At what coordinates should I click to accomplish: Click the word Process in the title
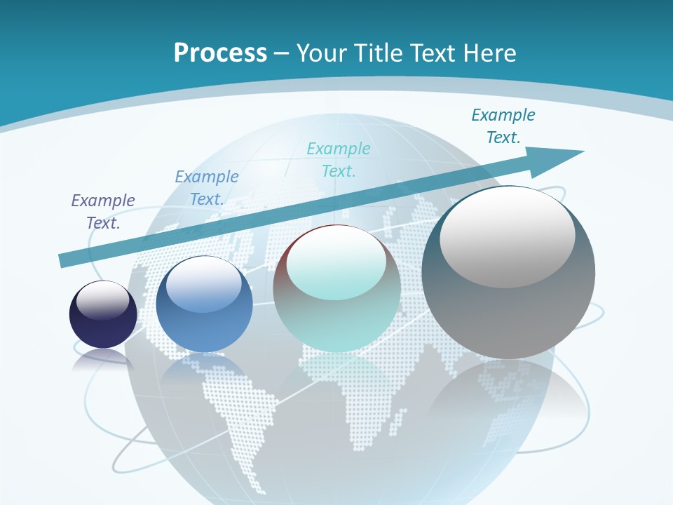(220, 53)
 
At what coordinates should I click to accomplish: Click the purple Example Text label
(103, 212)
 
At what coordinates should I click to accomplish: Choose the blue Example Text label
(207, 188)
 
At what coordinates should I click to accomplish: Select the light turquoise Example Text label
(339, 160)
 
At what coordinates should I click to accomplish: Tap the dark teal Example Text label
(503, 126)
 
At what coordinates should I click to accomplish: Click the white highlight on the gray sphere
(507, 236)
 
